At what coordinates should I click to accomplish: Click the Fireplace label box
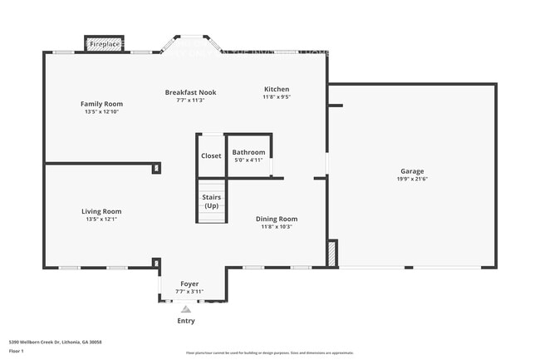(104, 43)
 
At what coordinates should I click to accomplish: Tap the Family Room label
(101, 104)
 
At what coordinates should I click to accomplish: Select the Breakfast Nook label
(190, 92)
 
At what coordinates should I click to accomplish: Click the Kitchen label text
(277, 89)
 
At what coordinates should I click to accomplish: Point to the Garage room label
(412, 172)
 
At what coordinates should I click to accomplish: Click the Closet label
(211, 155)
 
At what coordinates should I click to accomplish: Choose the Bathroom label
(248, 152)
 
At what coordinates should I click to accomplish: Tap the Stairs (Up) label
(211, 200)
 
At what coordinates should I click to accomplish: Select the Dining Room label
(277, 219)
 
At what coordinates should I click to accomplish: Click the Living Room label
(101, 211)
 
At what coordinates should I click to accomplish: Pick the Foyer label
(189, 284)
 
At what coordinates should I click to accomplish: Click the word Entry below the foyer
(187, 320)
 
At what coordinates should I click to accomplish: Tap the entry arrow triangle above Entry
(187, 308)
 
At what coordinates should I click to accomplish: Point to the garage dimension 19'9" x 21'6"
(412, 179)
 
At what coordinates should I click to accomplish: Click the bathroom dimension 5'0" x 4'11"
(248, 160)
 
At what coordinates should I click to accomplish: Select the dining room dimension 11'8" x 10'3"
(277, 226)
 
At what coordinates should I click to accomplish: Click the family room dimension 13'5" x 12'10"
(101, 111)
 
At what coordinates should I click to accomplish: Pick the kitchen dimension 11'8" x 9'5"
(277, 96)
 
